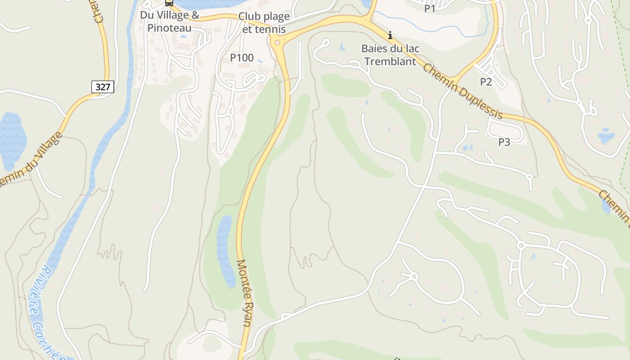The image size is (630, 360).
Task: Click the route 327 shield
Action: (x=103, y=87)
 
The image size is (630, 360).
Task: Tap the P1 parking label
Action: (x=430, y=8)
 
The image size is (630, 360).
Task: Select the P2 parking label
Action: (x=486, y=82)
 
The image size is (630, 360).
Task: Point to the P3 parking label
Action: (x=504, y=142)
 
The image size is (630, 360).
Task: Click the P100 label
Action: (x=242, y=58)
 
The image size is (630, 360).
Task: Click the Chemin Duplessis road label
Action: (x=462, y=92)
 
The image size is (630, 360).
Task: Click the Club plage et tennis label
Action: (x=264, y=22)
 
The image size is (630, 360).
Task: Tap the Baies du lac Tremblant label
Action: (x=390, y=55)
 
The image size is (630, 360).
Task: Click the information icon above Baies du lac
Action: (x=390, y=35)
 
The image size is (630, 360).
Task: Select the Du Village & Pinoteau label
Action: (x=169, y=21)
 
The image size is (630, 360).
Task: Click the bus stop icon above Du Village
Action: (x=169, y=3)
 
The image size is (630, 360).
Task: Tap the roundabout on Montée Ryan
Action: (x=277, y=43)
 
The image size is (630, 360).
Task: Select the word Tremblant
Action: (x=390, y=62)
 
